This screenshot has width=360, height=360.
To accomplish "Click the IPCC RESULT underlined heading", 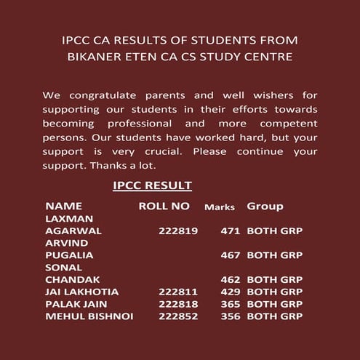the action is tap(153, 186).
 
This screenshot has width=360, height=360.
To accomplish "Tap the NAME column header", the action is tap(64, 206).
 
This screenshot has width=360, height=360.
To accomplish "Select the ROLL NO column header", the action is tap(164, 206).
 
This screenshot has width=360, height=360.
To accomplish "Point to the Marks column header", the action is tap(220, 207).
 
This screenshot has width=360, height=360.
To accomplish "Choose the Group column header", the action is tap(265, 206).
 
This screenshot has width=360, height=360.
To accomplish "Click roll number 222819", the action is tap(178, 231).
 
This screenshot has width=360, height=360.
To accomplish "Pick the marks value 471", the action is tap(231, 231).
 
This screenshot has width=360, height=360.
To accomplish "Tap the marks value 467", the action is tap(231, 255).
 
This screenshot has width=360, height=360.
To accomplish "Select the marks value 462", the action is tap(231, 279).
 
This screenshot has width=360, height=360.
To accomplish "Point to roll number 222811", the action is tap(178, 292).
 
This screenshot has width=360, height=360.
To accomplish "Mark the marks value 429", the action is tap(231, 292).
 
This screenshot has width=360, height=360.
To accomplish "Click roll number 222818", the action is tap(178, 304).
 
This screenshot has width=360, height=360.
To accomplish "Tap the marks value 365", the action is tap(231, 304).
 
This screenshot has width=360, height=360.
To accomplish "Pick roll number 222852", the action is tap(178, 316).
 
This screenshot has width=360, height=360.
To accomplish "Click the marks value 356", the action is tap(231, 316).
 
